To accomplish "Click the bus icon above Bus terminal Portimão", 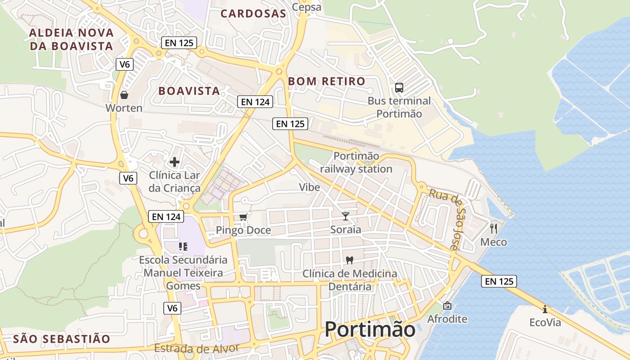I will click(x=399, y=87).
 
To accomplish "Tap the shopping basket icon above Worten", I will click(x=124, y=95).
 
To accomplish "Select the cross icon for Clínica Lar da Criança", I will click(x=175, y=162).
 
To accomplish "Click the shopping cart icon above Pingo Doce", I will click(x=243, y=217).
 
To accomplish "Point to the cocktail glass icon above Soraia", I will click(x=345, y=216).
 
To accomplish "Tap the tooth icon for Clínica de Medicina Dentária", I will click(x=349, y=260).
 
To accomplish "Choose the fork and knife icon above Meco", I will click(x=494, y=229).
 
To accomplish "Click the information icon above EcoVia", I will click(x=545, y=309).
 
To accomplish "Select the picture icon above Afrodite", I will click(x=447, y=306).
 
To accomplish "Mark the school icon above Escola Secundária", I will click(x=183, y=246).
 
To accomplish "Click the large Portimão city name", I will click(x=370, y=329).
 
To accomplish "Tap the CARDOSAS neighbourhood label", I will click(x=253, y=13).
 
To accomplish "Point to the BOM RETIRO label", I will click(x=326, y=81).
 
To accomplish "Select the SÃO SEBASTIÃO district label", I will click(x=62, y=339).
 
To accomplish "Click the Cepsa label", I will click(x=307, y=7).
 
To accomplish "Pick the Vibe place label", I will click(x=310, y=187).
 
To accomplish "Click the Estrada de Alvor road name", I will click(x=196, y=349).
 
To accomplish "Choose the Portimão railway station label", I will click(x=356, y=162).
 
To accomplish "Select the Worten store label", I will click(x=124, y=108).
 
